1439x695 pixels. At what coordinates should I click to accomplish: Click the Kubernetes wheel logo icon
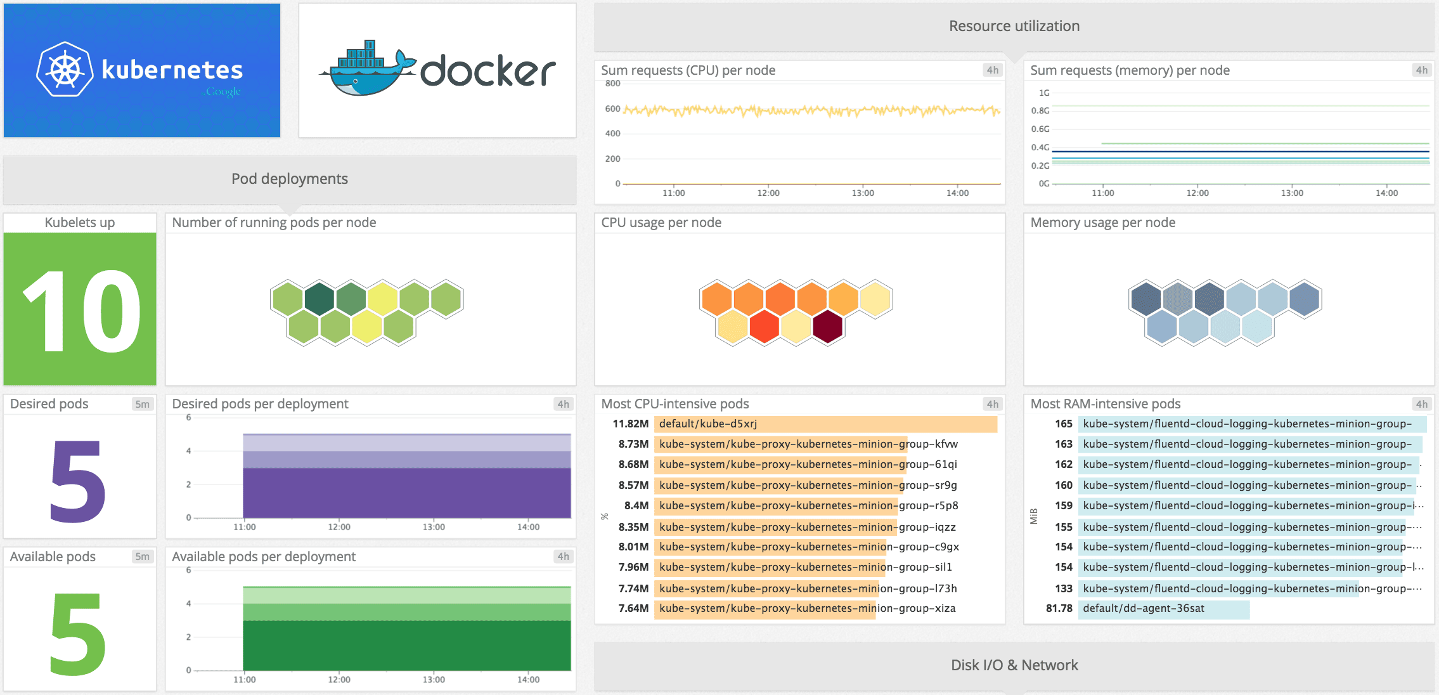(x=65, y=70)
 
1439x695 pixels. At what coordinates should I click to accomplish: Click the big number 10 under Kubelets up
(x=81, y=310)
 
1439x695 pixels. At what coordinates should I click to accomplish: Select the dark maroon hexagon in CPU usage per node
(x=827, y=327)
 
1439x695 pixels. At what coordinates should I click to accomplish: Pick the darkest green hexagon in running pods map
(x=319, y=299)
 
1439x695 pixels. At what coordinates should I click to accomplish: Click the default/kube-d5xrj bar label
(x=707, y=424)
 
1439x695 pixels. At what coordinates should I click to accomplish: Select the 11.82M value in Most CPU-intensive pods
(x=630, y=424)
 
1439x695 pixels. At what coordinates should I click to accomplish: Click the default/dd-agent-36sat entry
(x=1143, y=608)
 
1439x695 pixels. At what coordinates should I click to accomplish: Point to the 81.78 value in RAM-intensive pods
(x=1059, y=608)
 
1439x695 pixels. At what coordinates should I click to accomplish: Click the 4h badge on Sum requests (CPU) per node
(x=992, y=70)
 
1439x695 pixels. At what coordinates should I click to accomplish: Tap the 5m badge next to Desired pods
(x=142, y=404)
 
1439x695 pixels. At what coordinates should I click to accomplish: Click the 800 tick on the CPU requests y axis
(x=612, y=84)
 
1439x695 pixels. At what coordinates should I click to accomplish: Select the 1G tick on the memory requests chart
(x=1043, y=93)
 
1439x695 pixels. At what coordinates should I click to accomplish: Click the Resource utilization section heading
(x=1014, y=26)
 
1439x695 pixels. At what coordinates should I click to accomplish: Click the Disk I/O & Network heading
(x=1014, y=665)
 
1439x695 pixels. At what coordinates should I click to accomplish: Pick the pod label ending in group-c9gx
(x=809, y=547)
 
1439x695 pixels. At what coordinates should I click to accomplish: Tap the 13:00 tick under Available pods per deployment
(x=434, y=679)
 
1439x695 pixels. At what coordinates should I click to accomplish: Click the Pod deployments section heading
(x=289, y=179)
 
